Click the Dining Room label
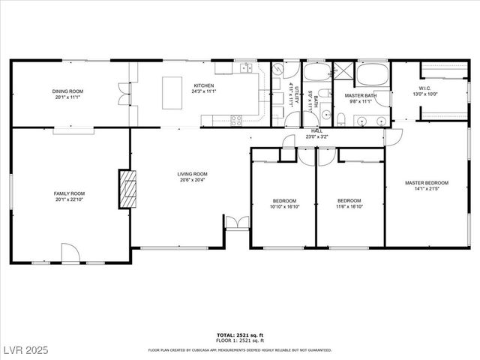[x=66, y=91]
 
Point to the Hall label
[x=316, y=131]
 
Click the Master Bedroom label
[x=426, y=183]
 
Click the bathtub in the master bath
[x=371, y=74]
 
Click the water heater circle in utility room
[x=278, y=68]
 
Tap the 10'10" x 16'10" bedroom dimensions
[x=284, y=206]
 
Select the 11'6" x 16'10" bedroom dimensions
[x=349, y=206]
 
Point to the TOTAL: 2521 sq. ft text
[x=240, y=334]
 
